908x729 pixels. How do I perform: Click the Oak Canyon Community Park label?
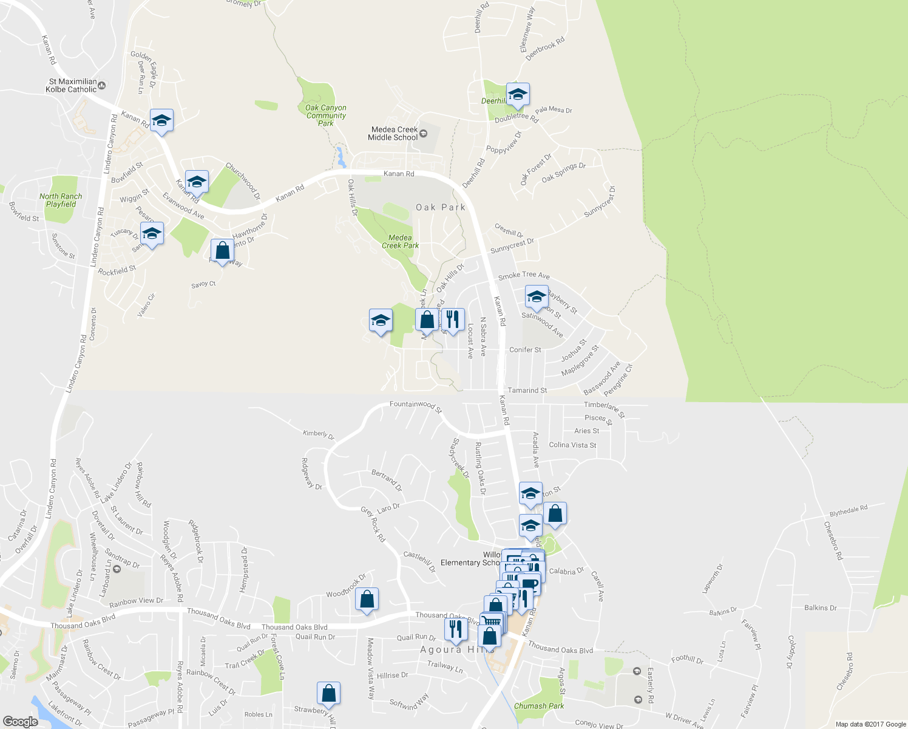pyautogui.click(x=326, y=115)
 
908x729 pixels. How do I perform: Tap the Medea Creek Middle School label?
pyautogui.click(x=394, y=134)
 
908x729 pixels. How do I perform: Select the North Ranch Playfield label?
pyautogui.click(x=61, y=200)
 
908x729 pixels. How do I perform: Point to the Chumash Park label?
pyautogui.click(x=539, y=706)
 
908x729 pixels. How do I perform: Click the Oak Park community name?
pyautogui.click(x=441, y=208)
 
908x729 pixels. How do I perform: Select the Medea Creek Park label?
pyautogui.click(x=400, y=242)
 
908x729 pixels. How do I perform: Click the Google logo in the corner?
pyautogui.click(x=20, y=722)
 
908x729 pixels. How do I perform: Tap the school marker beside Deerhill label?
pyautogui.click(x=518, y=95)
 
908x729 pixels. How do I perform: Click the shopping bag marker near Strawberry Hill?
pyautogui.click(x=328, y=693)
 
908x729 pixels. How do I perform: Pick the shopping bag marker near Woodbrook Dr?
pyautogui.click(x=367, y=599)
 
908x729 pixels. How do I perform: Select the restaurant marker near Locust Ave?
pyautogui.click(x=453, y=319)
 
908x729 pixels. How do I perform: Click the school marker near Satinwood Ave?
pyautogui.click(x=537, y=297)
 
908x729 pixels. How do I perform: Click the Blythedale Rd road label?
pyautogui.click(x=849, y=511)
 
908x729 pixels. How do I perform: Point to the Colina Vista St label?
pyautogui.click(x=572, y=445)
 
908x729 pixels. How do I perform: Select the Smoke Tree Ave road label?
pyautogui.click(x=524, y=276)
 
